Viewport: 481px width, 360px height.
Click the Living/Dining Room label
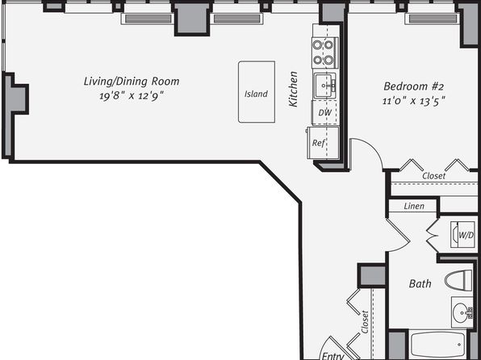[x=132, y=82]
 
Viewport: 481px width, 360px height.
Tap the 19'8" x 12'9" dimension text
[x=131, y=96]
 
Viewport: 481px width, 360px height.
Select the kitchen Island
[x=257, y=92]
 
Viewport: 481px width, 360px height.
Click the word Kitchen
[x=294, y=89]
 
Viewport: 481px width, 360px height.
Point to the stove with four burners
[x=325, y=52]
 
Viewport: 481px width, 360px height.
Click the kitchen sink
[x=324, y=86]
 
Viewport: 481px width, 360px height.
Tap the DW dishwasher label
[x=325, y=113]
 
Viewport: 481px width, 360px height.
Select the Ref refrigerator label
[x=319, y=143]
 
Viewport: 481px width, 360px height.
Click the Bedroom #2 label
[x=413, y=86]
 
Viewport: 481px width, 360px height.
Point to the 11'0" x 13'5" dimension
[x=413, y=101]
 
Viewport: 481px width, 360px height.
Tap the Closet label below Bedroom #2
[x=433, y=176]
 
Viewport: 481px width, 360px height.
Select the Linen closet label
[x=414, y=206]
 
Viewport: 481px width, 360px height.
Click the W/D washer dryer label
[x=466, y=236]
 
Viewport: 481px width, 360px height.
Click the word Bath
[x=420, y=283]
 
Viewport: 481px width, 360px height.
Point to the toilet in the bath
[x=458, y=280]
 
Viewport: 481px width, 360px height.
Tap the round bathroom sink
[x=462, y=312]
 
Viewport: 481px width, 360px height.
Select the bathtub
[x=439, y=345]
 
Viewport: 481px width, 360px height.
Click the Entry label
[x=333, y=356]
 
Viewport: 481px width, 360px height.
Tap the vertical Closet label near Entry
[x=365, y=322]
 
